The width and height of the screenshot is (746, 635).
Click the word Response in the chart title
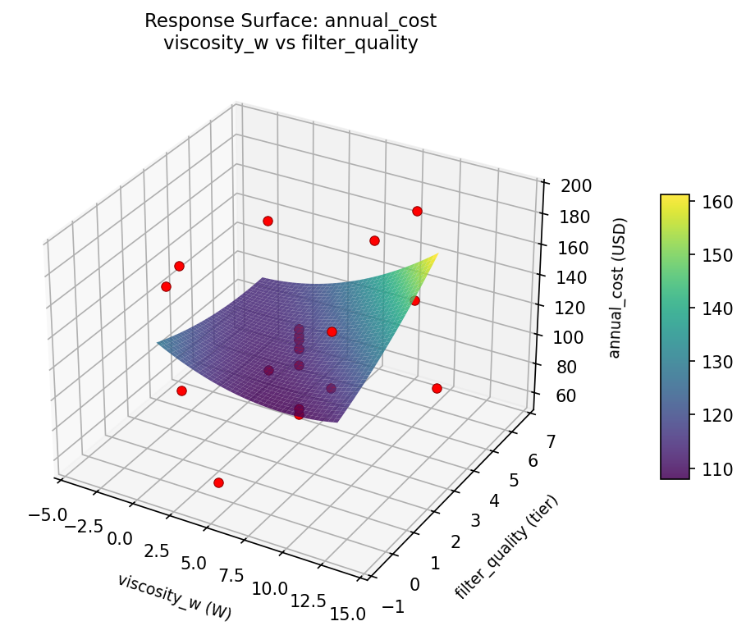click(x=177, y=21)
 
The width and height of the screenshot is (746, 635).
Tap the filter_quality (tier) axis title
click(x=506, y=547)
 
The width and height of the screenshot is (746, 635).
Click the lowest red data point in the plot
click(x=218, y=482)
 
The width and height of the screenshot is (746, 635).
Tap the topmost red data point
click(x=417, y=211)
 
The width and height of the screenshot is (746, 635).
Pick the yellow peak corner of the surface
click(x=437, y=254)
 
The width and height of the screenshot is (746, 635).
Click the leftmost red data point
click(x=166, y=286)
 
